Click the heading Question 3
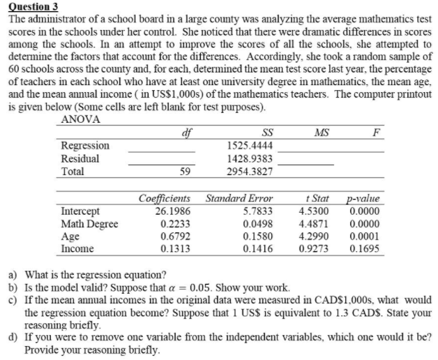tap(33, 6)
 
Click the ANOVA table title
tap(81, 119)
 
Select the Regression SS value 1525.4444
tap(250, 146)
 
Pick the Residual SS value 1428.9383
tap(250, 158)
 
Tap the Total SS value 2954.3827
tap(250, 171)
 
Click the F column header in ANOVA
tap(377, 133)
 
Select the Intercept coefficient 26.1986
tap(161, 211)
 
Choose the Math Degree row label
tap(90, 223)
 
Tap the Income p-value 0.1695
tap(365, 248)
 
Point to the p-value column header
tap(363, 198)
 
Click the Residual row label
tap(81, 158)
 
